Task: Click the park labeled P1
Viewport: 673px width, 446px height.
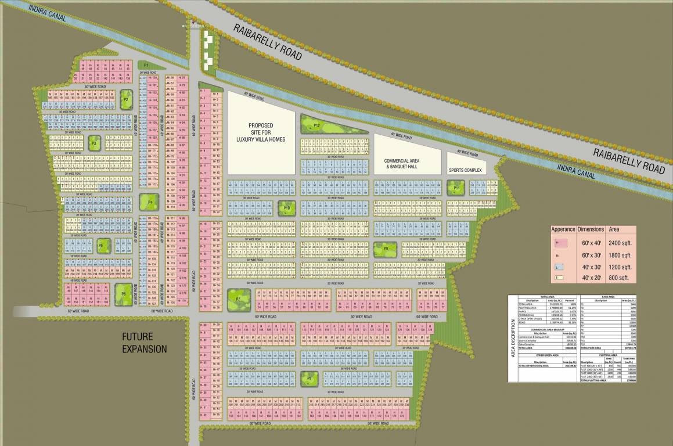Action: [146, 65]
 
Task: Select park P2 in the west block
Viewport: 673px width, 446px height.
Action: [126, 99]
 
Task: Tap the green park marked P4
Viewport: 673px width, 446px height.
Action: [150, 202]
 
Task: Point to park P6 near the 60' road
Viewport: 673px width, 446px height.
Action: [124, 294]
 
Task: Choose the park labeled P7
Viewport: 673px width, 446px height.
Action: [238, 298]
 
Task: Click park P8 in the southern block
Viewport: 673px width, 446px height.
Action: [309, 379]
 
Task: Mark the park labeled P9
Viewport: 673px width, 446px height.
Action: [386, 249]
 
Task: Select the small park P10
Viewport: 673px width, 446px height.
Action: [286, 207]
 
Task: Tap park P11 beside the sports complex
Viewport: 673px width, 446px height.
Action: [456, 188]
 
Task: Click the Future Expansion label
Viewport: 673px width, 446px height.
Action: [144, 343]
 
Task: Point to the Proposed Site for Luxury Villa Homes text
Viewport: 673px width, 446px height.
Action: [261, 132]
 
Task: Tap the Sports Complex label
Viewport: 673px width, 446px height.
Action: [465, 171]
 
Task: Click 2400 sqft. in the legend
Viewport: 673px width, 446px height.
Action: [620, 243]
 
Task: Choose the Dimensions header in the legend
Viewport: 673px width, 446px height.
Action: [591, 229]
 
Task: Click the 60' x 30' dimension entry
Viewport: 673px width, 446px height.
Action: [590, 255]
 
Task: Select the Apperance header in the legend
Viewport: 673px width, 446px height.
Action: [563, 229]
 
